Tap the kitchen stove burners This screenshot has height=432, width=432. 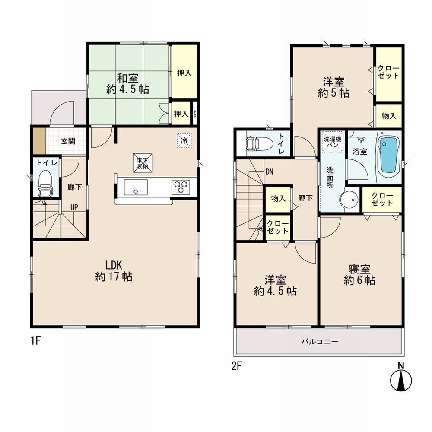point(181,187)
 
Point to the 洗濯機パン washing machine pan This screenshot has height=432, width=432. point(332,142)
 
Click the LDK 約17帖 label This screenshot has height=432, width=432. point(114,271)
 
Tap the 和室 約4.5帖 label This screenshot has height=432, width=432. point(128,84)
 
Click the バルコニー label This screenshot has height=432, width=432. point(320,342)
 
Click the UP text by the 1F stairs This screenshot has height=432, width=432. point(74,207)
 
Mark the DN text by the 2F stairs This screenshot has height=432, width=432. point(269,172)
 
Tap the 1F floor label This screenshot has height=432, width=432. point(35,341)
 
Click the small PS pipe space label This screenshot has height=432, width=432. point(195,114)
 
